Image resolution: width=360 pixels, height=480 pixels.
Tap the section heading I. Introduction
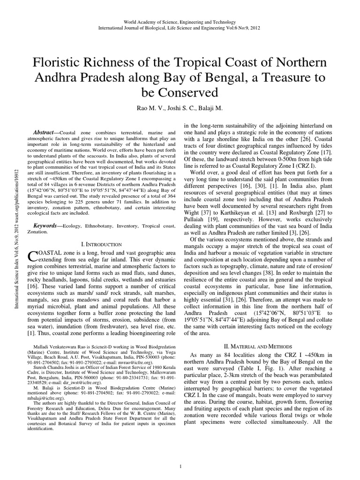tap(101, 244)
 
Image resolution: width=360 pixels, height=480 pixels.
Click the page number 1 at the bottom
tap(180, 467)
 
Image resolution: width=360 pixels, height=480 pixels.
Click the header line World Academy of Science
tap(180, 22)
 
